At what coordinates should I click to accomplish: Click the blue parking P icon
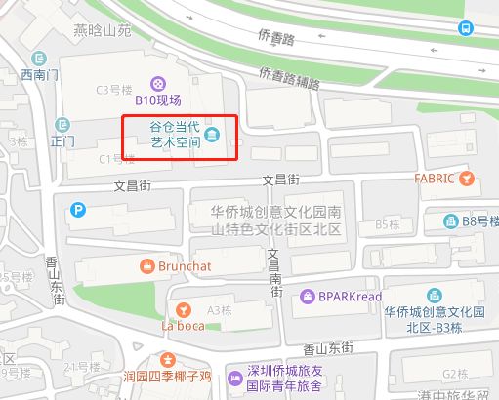[76, 208]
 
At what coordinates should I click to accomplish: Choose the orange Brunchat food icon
[147, 264]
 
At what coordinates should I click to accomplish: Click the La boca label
[177, 325]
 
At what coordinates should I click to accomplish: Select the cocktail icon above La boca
[181, 309]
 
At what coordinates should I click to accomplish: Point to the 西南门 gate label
[40, 73]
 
